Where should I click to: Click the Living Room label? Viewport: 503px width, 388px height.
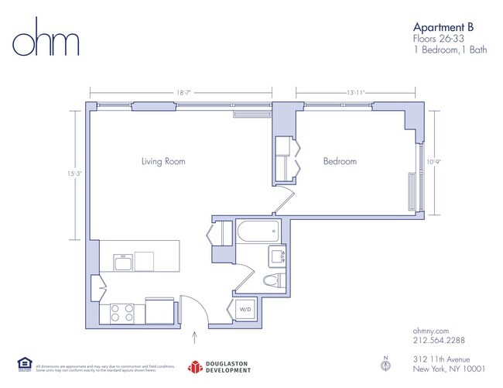tap(163, 161)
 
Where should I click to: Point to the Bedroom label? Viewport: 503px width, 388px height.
tap(340, 161)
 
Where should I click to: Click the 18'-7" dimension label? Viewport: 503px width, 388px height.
tap(183, 92)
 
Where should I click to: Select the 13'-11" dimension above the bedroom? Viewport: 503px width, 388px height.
tap(355, 92)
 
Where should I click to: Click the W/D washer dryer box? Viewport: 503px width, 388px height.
tap(245, 310)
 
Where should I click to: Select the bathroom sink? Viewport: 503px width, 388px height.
tap(277, 256)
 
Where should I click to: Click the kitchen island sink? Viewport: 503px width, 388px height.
tap(123, 263)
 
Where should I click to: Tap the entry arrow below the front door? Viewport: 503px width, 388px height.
tap(193, 337)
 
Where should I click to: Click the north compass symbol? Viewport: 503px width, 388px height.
tap(385, 363)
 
